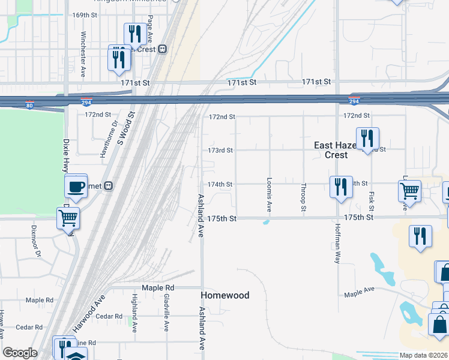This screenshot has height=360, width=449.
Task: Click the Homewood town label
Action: [x=224, y=295]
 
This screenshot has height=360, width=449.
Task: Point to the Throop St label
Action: [x=304, y=197]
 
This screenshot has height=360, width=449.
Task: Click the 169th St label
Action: [x=84, y=14]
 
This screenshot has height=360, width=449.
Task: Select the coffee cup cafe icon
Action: [x=76, y=186]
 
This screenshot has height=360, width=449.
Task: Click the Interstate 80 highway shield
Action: [x=30, y=106]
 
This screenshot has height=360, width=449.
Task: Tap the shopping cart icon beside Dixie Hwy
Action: [x=68, y=218]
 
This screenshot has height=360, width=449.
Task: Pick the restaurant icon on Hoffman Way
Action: [x=340, y=187]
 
